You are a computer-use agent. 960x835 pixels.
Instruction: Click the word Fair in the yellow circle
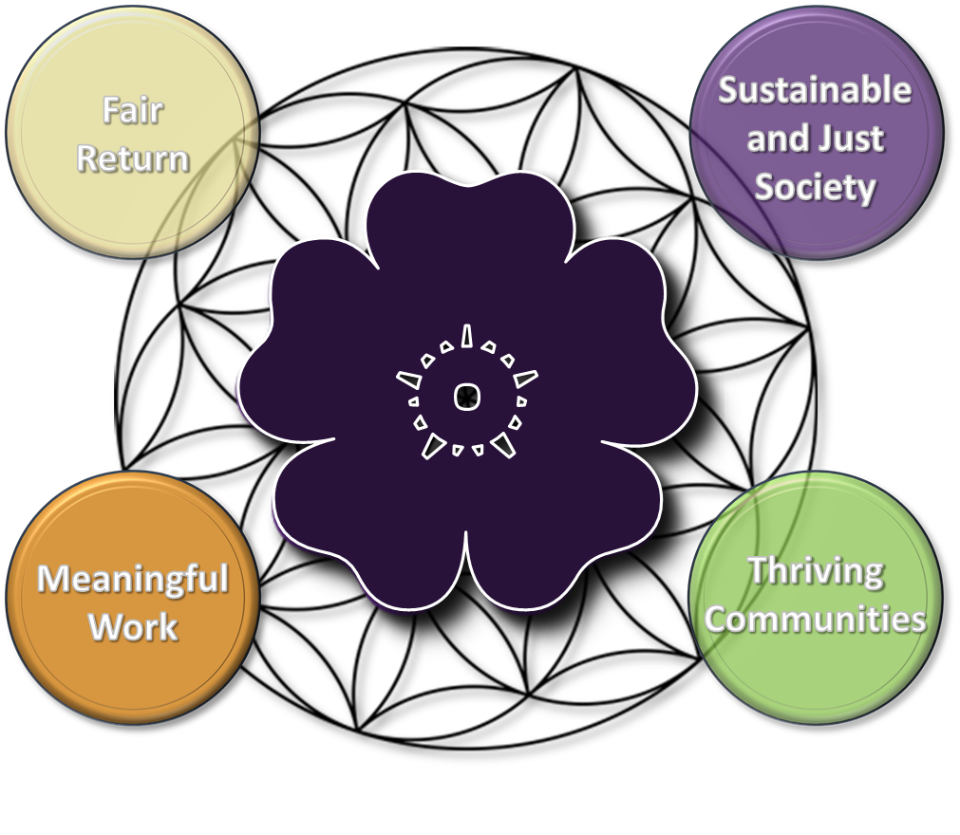click(133, 112)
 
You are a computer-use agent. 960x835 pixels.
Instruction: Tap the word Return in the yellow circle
click(133, 158)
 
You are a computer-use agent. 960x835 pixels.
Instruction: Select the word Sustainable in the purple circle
click(815, 90)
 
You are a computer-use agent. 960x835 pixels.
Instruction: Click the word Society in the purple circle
click(815, 187)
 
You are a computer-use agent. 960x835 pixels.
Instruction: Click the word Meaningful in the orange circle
click(133, 578)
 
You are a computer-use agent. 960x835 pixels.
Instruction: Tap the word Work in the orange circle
click(133, 627)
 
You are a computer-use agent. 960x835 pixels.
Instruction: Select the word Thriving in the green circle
click(815, 572)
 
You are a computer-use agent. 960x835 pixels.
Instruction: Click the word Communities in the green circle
click(815, 620)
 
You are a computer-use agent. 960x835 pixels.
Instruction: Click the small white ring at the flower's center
click(465, 397)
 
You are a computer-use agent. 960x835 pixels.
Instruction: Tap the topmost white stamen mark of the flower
click(466, 336)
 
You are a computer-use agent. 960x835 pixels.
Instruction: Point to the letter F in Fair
click(111, 112)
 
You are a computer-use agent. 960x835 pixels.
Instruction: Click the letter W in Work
click(106, 627)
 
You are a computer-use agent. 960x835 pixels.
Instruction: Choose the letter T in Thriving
click(758, 571)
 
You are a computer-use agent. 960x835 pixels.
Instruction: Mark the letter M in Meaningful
click(53, 578)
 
